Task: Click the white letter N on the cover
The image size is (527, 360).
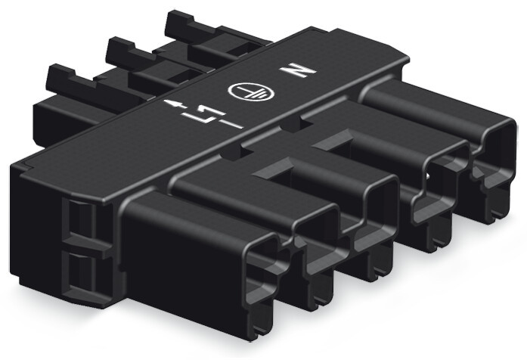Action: (299, 70)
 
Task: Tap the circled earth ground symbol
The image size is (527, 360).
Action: (251, 91)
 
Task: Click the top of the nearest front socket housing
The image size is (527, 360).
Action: (198, 215)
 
